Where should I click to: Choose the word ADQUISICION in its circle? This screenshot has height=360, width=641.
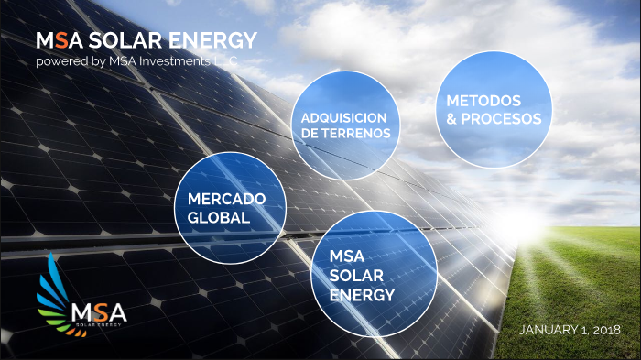pos(338,118)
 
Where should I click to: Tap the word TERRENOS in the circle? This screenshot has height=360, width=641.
pos(358,134)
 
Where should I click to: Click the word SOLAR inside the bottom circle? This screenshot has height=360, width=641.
pos(352,278)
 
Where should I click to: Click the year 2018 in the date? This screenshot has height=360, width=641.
pos(604,329)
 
